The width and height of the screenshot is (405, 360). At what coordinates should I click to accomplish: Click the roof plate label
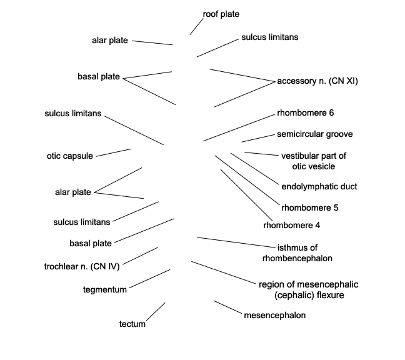point(221,14)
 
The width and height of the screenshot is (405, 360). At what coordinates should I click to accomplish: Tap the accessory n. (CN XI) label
point(317,81)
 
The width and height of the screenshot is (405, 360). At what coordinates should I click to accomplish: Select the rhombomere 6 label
point(305,113)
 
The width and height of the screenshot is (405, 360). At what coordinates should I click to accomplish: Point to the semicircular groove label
point(315,134)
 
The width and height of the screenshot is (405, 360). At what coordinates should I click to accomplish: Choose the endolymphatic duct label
point(319,186)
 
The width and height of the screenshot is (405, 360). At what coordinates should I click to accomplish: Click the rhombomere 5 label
point(310,207)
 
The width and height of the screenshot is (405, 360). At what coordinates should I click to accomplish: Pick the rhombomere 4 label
point(292,225)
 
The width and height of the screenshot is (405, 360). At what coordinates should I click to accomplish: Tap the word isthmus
point(297,247)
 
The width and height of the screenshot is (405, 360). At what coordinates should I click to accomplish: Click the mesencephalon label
point(275,315)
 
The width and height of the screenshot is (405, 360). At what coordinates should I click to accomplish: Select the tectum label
point(132,324)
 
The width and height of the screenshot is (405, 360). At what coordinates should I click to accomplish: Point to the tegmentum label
point(105,289)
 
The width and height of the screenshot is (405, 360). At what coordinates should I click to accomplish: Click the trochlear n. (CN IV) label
point(82,266)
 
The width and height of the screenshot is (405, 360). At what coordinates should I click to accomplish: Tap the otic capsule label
point(70,156)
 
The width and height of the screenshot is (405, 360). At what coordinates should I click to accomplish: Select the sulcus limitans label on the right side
point(270,37)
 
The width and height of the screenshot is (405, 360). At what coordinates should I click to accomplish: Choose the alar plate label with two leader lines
point(73,192)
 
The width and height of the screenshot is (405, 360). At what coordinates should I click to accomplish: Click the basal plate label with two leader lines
point(99,76)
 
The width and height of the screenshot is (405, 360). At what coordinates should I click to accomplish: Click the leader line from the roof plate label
point(196,26)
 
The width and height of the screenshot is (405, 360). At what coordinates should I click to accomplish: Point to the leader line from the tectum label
point(156,311)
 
